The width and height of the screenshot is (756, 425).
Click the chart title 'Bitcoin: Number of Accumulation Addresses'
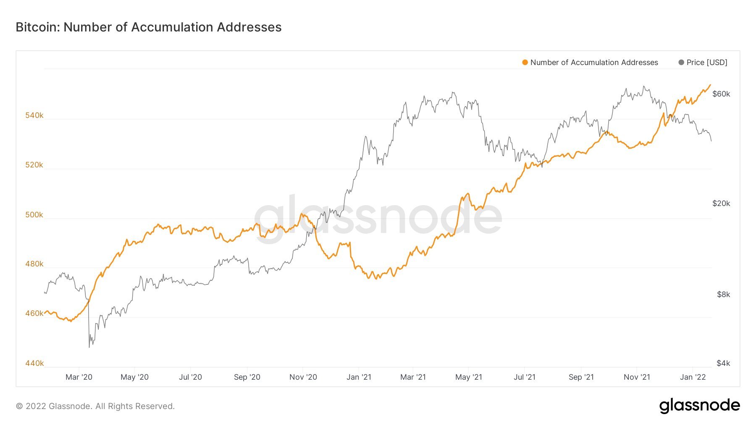pos(149,27)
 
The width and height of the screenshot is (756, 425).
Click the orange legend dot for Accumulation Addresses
pos(525,63)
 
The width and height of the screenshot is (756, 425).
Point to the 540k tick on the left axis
pos(34,115)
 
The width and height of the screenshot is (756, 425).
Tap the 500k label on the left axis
pos(34,215)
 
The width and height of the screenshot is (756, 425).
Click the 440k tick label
pos(34,363)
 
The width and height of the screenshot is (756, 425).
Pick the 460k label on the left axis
pos(34,313)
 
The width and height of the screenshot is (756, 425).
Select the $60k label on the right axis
pos(721,94)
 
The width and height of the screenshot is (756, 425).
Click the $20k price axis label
pos(721,203)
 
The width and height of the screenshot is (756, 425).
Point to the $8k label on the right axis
pos(723,295)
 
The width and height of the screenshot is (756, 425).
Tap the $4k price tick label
pos(723,363)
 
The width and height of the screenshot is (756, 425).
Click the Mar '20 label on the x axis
pos(79,377)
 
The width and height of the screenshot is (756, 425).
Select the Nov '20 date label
pos(303,377)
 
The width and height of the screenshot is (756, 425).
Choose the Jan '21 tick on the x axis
pos(359,377)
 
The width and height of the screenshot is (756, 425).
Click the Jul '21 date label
pos(525,377)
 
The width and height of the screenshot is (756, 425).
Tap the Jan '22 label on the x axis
pos(693,377)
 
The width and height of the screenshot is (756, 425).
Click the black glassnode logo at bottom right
pos(699,406)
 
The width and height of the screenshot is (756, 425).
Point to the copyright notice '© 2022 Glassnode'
pos(95,406)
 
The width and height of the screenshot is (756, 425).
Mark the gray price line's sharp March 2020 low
pos(89,347)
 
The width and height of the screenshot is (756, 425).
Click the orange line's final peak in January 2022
pos(710,85)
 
